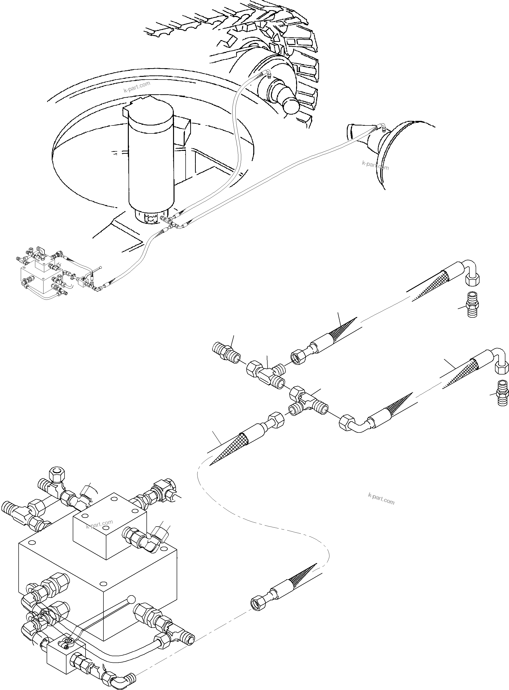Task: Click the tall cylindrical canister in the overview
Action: coord(151,160)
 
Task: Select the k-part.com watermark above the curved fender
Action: coord(137,87)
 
